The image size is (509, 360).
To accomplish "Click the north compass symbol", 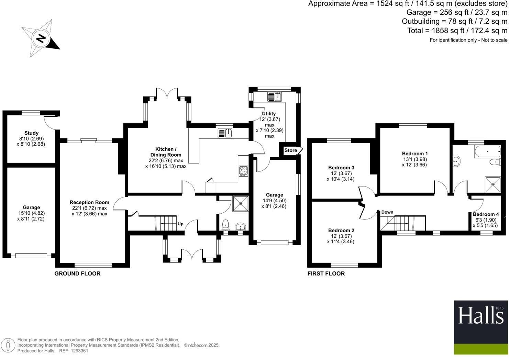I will click(41, 38).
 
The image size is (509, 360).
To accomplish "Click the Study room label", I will click(31, 133).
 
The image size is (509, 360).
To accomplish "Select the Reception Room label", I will click(89, 202).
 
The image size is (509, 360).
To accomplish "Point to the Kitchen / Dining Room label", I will click(166, 152).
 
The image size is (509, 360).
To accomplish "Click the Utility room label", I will click(269, 114).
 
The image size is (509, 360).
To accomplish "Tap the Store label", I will click(290, 150).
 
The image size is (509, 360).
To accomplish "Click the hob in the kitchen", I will click(243, 171).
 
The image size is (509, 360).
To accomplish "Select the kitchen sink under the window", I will click(225, 133).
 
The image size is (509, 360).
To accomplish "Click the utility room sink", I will click(275, 97).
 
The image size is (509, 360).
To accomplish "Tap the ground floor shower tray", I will click(240, 203).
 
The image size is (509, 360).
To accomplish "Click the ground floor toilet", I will click(225, 224).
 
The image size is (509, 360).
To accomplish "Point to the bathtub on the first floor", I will click(487, 151).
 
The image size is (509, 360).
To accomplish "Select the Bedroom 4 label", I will click(486, 214).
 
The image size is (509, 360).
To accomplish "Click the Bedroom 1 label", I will click(415, 154).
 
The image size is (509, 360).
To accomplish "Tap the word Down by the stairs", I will click(387, 212).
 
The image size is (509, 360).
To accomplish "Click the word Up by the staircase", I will click(180, 224).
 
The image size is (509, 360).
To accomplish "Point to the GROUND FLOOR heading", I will click(77, 274).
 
